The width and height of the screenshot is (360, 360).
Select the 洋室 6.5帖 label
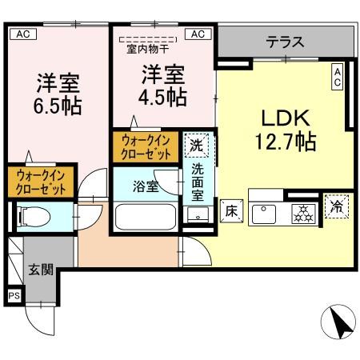tap(58, 94)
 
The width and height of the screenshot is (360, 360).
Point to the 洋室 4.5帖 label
tap(165, 87)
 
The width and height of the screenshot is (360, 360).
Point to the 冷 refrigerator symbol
tap(336, 207)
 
